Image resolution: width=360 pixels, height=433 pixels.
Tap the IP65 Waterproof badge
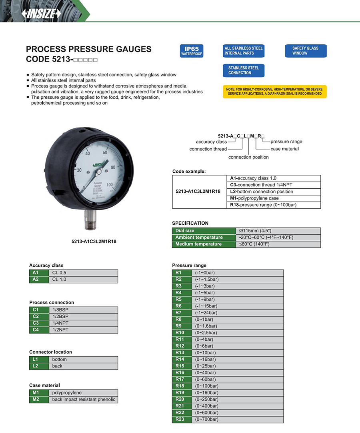click(x=192, y=51)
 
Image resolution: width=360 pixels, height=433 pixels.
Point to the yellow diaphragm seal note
click(x=274, y=92)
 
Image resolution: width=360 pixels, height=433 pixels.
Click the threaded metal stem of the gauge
click(x=90, y=221)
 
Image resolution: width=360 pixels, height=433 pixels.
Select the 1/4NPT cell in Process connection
click(x=84, y=323)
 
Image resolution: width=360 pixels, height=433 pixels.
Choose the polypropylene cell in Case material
click(x=84, y=393)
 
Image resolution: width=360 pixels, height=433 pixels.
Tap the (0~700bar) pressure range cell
click(x=238, y=419)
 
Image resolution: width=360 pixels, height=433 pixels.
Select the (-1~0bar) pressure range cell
click(x=238, y=273)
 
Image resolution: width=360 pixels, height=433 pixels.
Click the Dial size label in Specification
click(x=204, y=231)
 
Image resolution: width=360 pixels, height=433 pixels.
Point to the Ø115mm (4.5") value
click(x=278, y=231)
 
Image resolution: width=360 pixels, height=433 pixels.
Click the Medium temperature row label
click(x=204, y=244)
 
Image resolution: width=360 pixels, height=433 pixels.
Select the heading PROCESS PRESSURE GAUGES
click(x=88, y=49)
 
